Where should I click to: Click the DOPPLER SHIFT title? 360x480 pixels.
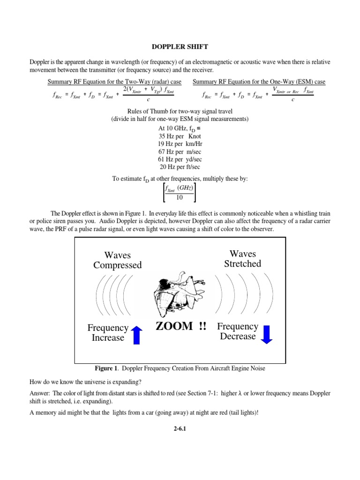180,47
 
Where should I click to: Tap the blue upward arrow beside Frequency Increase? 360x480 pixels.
136,335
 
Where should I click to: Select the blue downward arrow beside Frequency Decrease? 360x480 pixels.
266,333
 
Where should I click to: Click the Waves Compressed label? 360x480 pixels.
117,260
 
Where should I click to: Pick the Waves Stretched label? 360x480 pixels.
243,259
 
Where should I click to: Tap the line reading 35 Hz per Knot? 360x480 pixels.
180,136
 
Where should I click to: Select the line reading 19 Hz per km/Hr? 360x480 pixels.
180,143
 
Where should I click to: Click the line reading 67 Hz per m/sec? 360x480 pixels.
180,151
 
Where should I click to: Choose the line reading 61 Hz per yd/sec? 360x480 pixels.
180,159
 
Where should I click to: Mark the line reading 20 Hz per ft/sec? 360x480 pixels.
180,167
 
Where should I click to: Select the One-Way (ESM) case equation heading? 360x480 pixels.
259,82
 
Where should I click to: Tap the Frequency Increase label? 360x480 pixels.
108,333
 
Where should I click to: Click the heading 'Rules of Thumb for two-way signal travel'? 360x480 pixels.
180,111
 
